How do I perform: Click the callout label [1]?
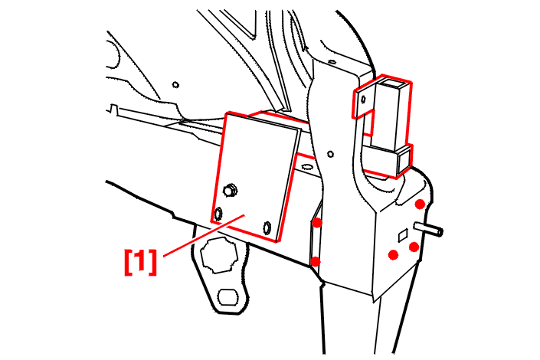pyautogui.click(x=140, y=262)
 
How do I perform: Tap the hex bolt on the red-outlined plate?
pyautogui.click(x=231, y=190)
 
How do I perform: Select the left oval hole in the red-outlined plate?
pyautogui.click(x=218, y=214)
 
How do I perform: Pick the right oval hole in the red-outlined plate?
pyautogui.click(x=267, y=227)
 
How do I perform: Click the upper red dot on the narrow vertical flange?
pyautogui.click(x=317, y=223)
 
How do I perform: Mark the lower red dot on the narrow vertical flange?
pyautogui.click(x=315, y=262)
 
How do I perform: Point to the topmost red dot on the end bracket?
pyautogui.click(x=420, y=205)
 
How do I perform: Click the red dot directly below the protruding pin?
pyautogui.click(x=414, y=247)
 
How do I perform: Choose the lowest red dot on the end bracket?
pyautogui.click(x=393, y=255)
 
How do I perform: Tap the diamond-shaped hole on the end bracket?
pyautogui.click(x=403, y=236)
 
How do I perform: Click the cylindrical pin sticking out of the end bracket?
pyautogui.click(x=429, y=229)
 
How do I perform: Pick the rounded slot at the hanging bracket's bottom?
pyautogui.click(x=228, y=296)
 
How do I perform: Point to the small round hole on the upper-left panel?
pyautogui.click(x=175, y=84)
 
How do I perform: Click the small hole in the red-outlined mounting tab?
pyautogui.click(x=362, y=100)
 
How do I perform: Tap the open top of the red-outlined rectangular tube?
pyautogui.click(x=392, y=82)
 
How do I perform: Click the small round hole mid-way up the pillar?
pyautogui.click(x=331, y=154)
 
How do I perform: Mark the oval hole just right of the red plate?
pyautogui.click(x=306, y=167)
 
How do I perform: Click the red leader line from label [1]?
pyautogui.click(x=204, y=235)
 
